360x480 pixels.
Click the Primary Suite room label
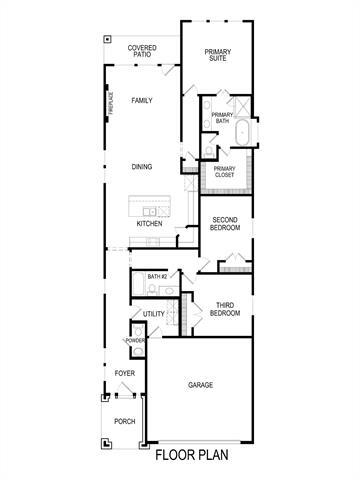217,55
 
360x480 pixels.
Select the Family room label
141,100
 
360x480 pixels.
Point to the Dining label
141,166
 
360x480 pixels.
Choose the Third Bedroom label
225,310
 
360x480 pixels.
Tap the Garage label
201,384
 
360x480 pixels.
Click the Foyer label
124,374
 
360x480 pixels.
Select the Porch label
124,421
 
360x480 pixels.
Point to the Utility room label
153,314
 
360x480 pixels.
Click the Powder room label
135,341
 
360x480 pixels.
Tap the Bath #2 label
157,276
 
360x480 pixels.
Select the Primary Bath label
222,119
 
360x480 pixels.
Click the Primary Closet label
225,172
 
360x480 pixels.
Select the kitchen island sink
148,212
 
